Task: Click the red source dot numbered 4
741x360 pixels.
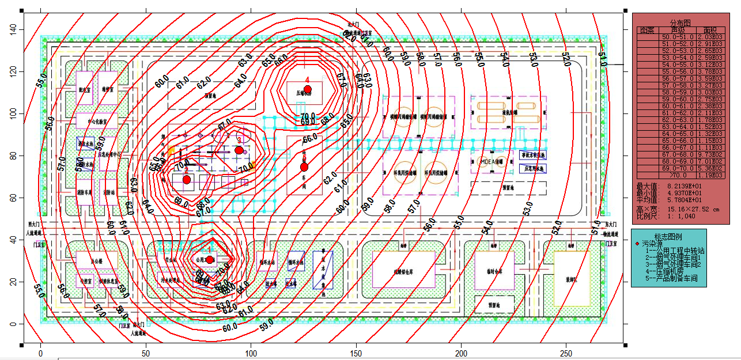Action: (308, 89)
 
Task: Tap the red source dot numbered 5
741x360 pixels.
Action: (304, 167)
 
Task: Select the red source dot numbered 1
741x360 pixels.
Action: (210, 260)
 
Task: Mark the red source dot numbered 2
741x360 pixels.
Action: (187, 180)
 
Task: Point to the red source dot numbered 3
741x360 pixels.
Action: (239, 150)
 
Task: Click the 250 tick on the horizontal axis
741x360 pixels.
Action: (566, 353)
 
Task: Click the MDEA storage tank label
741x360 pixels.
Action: (492, 162)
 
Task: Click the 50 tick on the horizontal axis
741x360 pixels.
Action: (146, 353)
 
